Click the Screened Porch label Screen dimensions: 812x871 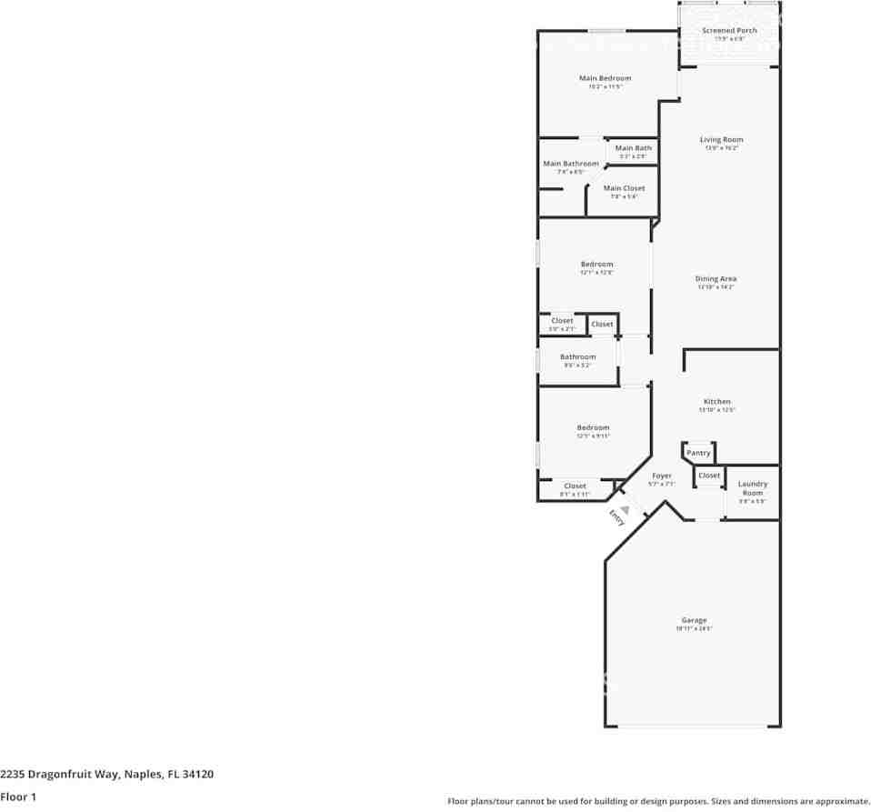click(729, 31)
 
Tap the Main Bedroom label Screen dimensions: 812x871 click(605, 78)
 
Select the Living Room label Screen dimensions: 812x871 click(721, 140)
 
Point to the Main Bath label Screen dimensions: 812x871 click(633, 148)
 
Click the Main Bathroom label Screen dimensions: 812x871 click(571, 164)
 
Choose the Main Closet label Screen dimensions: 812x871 click(624, 188)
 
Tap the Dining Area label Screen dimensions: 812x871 click(716, 279)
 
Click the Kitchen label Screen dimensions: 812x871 click(716, 401)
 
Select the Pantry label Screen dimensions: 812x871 click(698, 453)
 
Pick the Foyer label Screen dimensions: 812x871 click(661, 476)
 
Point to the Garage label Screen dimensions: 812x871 click(694, 620)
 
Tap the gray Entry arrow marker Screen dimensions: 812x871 click(624, 509)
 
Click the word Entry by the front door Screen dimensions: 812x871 click(616, 518)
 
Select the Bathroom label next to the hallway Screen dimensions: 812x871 click(577, 357)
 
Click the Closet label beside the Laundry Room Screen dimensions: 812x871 click(709, 476)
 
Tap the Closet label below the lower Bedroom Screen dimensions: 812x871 click(575, 486)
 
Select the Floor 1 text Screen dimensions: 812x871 click(18, 797)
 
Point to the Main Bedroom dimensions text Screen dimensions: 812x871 click(605, 87)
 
